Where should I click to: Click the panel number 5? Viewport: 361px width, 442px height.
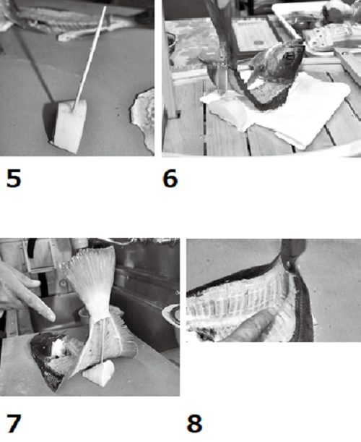click(14, 179)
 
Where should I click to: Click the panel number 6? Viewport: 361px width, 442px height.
click(170, 179)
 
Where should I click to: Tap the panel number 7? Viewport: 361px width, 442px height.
click(14, 423)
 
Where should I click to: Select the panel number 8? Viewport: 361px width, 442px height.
click(194, 423)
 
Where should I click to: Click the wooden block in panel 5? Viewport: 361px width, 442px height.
click(69, 127)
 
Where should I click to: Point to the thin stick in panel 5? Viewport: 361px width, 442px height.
click(90, 59)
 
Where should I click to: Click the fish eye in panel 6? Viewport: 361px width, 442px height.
click(289, 56)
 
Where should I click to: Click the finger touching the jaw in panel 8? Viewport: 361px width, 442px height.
click(253, 328)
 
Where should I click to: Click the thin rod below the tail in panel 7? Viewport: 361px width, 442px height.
click(103, 341)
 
